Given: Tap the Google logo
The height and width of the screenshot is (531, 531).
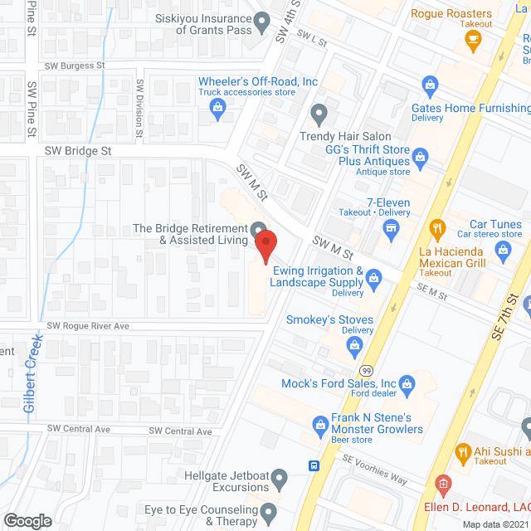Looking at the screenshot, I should pos(27,520).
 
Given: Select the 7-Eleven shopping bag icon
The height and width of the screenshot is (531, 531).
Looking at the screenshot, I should pos(391,233).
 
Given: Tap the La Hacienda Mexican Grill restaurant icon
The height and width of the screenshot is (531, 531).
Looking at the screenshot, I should pos(436,227).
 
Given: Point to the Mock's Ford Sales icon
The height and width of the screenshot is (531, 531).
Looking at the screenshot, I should pos(407,383).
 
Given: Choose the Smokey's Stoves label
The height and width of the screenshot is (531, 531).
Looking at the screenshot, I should pos(329,319).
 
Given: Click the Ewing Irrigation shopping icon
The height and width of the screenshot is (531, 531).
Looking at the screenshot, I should pos(373,276).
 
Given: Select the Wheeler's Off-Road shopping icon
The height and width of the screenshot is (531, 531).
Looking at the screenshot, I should pos(217,105).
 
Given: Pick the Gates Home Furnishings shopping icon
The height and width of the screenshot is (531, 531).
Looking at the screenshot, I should pos(430,83).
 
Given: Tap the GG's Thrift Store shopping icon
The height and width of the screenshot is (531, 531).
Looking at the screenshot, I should pos(420,155).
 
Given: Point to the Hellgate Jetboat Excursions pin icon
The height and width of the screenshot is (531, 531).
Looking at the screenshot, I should pos(280,479).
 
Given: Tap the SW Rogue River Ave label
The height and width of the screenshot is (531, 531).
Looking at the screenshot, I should pos(88,326).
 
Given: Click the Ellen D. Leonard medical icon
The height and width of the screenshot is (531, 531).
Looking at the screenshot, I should pos(444,483).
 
